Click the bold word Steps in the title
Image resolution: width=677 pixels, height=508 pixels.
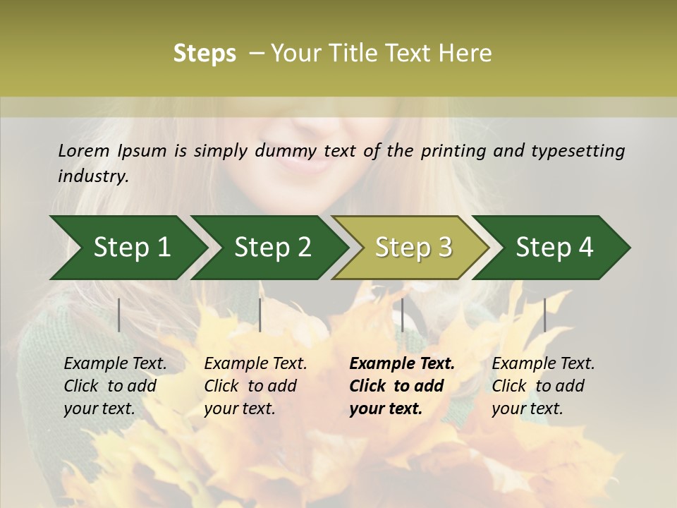(x=205, y=54)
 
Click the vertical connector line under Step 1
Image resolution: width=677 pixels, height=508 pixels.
(x=119, y=315)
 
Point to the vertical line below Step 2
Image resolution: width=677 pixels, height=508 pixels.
(x=260, y=315)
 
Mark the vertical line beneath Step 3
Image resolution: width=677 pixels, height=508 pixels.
(x=402, y=315)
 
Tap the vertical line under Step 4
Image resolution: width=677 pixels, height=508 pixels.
(x=544, y=315)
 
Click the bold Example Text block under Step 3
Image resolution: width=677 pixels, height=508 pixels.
(x=401, y=386)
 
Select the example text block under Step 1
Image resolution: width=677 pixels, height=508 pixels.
(x=115, y=386)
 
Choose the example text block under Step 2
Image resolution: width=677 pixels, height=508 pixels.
(x=255, y=386)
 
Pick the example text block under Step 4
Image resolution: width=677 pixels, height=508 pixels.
(x=543, y=386)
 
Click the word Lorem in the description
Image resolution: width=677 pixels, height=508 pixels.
(x=83, y=150)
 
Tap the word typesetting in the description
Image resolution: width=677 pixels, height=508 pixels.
(x=578, y=151)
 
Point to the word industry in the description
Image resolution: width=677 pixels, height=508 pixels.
(x=93, y=176)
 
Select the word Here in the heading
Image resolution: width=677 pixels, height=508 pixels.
(x=467, y=54)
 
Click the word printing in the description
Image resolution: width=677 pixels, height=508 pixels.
(x=451, y=151)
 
